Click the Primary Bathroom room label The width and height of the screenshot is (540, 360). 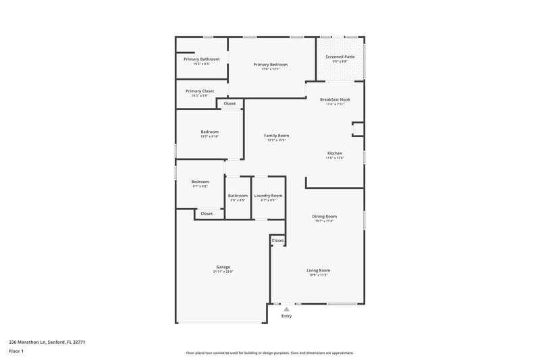(201, 59)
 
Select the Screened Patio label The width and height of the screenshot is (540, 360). (340, 57)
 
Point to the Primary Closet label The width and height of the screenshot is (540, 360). (200, 91)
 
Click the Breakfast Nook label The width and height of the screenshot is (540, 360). (335, 99)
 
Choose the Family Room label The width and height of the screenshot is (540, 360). (276, 136)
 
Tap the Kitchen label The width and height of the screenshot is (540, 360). (335, 153)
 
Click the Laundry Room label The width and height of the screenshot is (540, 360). (268, 195)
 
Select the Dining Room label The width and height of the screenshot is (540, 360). (325, 216)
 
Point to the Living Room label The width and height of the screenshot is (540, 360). (318, 270)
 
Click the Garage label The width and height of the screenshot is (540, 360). (223, 267)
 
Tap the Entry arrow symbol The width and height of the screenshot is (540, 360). (286, 309)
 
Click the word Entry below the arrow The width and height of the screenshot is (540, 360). (286, 316)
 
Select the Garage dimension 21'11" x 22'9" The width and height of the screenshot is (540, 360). (223, 272)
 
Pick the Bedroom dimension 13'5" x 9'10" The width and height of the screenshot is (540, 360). (209, 136)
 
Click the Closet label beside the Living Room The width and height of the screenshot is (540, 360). (277, 240)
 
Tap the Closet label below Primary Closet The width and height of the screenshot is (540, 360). (230, 103)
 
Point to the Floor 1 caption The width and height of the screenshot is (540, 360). (16, 352)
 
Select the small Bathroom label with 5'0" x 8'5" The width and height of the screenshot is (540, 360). (238, 195)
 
